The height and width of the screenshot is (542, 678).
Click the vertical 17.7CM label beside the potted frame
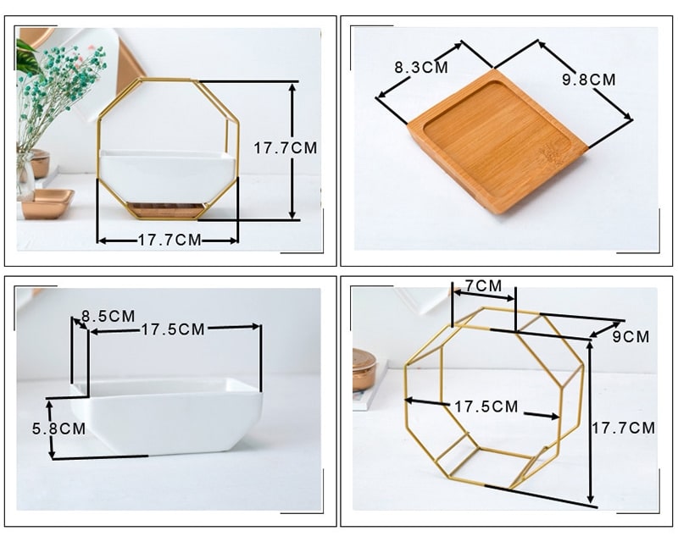(x=285, y=148)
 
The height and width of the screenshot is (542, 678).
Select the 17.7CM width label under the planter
(x=169, y=240)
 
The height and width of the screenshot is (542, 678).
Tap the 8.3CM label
(x=420, y=68)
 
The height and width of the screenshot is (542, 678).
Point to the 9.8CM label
(x=588, y=80)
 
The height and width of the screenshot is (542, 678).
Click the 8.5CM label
(x=108, y=316)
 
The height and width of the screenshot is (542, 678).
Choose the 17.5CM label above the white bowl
(x=173, y=329)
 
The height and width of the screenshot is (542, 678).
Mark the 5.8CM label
(x=58, y=429)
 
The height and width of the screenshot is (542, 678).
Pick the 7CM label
(x=483, y=285)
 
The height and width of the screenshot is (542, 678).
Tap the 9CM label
(x=631, y=337)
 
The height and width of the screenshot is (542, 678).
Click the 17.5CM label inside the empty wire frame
(x=486, y=406)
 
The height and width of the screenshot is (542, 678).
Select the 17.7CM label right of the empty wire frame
(x=623, y=428)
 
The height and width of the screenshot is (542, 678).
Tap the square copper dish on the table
(x=47, y=202)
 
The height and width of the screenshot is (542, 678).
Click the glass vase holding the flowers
(x=25, y=175)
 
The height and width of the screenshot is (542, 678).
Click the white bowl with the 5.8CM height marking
(x=166, y=416)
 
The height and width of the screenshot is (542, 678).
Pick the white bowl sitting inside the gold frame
(x=168, y=175)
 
